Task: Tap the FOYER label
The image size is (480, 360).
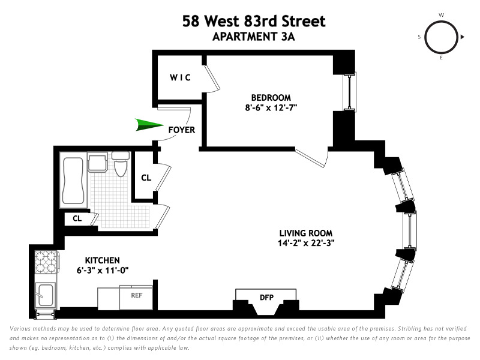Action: point(181,130)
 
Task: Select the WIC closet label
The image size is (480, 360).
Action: point(179,78)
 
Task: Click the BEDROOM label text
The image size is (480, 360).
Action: point(271,98)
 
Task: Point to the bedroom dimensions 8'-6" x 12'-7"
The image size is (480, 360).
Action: point(271,108)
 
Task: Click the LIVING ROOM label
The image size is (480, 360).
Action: point(305,233)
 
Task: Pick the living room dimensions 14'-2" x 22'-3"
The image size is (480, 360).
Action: point(305,243)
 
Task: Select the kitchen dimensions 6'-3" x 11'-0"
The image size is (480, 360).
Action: point(103,270)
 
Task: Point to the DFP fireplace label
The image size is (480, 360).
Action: point(266,296)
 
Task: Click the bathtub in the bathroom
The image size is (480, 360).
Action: point(73,181)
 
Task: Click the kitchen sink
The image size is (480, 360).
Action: point(46,295)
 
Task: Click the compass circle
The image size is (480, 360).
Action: point(441,37)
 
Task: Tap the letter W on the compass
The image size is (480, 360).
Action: point(441,15)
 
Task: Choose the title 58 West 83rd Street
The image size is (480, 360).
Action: point(254,22)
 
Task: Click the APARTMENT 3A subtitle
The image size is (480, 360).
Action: point(254,36)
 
